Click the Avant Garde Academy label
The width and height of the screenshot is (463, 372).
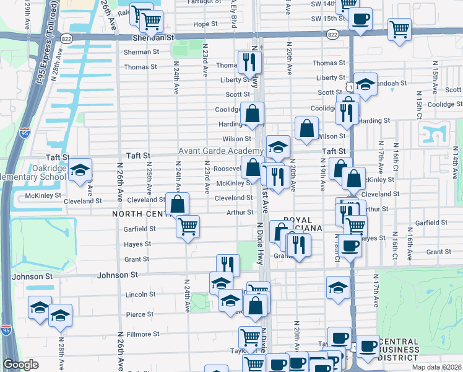point(221,151)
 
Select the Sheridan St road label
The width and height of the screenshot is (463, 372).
point(149,38)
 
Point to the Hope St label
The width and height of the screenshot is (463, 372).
point(206,24)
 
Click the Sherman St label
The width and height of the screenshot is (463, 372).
point(137,53)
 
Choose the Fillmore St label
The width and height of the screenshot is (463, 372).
point(142,334)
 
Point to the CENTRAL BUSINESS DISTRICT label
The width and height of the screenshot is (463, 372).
point(409,350)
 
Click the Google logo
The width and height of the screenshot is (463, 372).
point(20,365)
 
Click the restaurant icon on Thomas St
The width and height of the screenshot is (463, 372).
point(249,61)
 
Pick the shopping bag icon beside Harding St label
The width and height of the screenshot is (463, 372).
point(252,113)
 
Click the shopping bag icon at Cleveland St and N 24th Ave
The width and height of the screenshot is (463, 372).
point(178,203)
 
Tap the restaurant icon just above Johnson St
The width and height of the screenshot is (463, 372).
point(228,265)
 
